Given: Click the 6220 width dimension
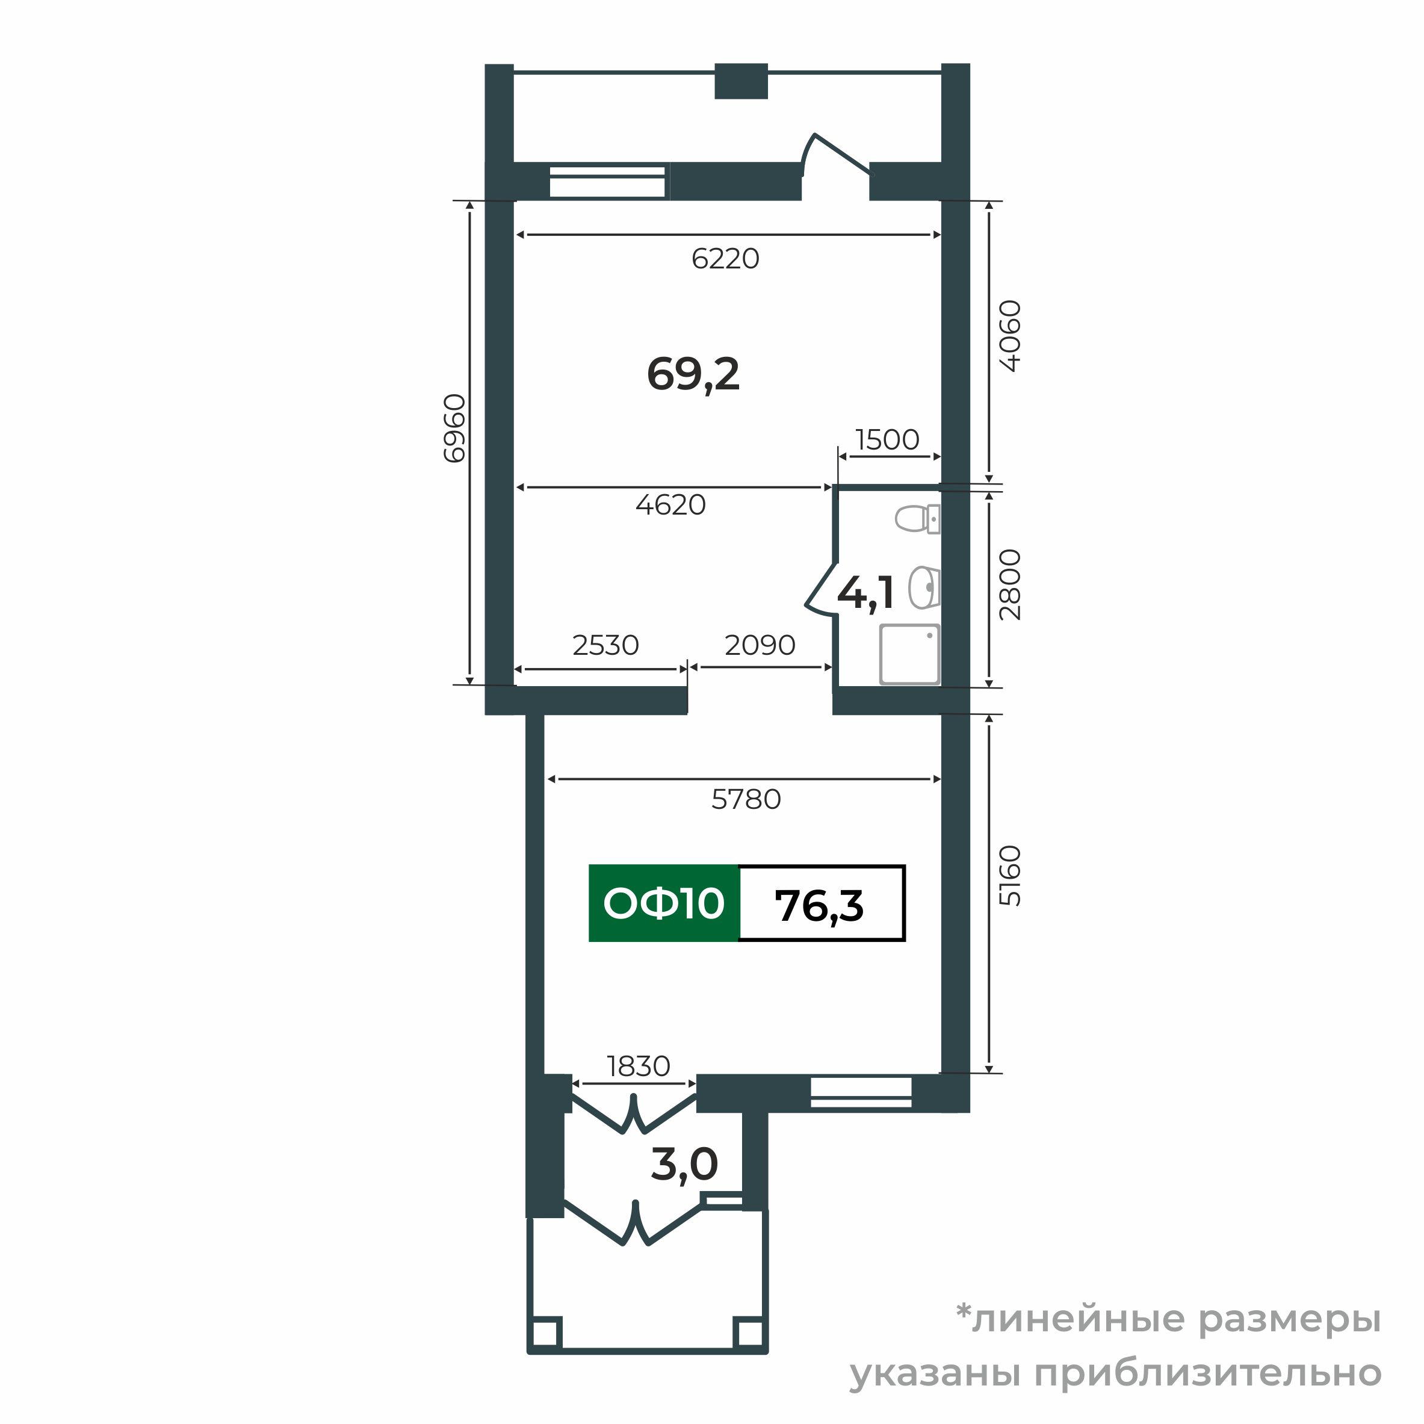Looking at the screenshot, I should tap(725, 259).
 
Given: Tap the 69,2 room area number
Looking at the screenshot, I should tap(693, 374).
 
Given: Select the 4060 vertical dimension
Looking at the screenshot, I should tap(1010, 336).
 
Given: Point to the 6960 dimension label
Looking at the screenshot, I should tap(455, 429).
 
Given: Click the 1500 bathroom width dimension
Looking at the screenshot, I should tap(887, 440).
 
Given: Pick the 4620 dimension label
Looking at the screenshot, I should tap(670, 505).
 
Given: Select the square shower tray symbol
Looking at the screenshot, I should tap(910, 654).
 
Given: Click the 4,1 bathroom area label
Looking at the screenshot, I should tap(867, 593).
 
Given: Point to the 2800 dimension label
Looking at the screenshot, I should tap(1010, 585).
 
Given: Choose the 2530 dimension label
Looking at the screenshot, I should tap(605, 646).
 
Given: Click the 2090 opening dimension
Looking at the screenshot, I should tap(760, 646).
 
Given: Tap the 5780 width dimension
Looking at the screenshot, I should tap(746, 800).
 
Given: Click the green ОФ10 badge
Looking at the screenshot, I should tap(663, 903).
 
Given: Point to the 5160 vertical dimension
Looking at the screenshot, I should tap(1010, 876).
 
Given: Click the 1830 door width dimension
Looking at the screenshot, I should tap(639, 1066).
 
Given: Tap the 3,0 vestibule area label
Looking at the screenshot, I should tap(684, 1165).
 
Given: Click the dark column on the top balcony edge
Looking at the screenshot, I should tap(741, 81).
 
